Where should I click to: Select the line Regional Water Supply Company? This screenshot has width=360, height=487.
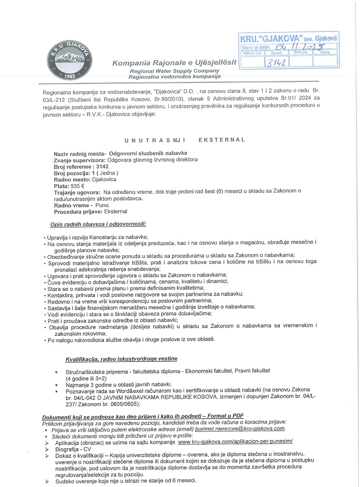tap(175, 71)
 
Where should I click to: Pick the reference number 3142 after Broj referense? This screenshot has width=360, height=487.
tap(99, 167)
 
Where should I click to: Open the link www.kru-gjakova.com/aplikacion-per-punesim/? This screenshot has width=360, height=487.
tap(235, 442)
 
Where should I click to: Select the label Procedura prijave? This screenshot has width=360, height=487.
tap(78, 211)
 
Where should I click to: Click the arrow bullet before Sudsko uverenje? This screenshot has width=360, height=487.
tap(47, 481)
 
